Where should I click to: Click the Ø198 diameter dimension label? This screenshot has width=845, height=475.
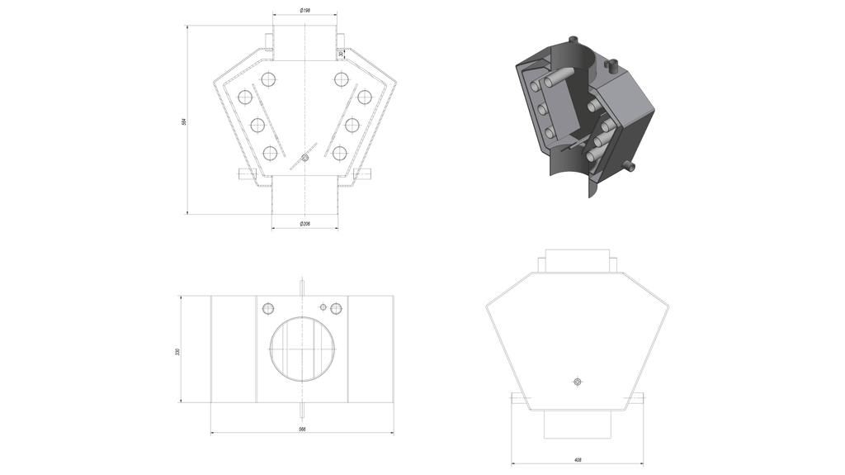coord(304,11)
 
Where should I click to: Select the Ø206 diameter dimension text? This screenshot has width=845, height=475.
coord(304,224)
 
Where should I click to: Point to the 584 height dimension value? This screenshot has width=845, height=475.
coord(184,121)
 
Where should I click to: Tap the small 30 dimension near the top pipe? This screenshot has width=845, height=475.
coord(340,55)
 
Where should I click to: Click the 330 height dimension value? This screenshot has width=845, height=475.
coord(177,352)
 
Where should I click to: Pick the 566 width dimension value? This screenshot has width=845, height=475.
coord(302,430)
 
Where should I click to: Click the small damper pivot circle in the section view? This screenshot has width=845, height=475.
coord(304,157)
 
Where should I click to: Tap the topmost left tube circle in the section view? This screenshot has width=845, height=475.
coord(267,79)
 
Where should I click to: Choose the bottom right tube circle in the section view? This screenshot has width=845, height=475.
coord(339,152)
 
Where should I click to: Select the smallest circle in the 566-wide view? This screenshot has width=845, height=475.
coord(323,306)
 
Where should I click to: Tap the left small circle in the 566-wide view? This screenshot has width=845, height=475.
coord(267,308)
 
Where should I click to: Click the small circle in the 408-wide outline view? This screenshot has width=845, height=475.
coord(577,381)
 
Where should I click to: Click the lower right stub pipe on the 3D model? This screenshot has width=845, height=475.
coord(631,166)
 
